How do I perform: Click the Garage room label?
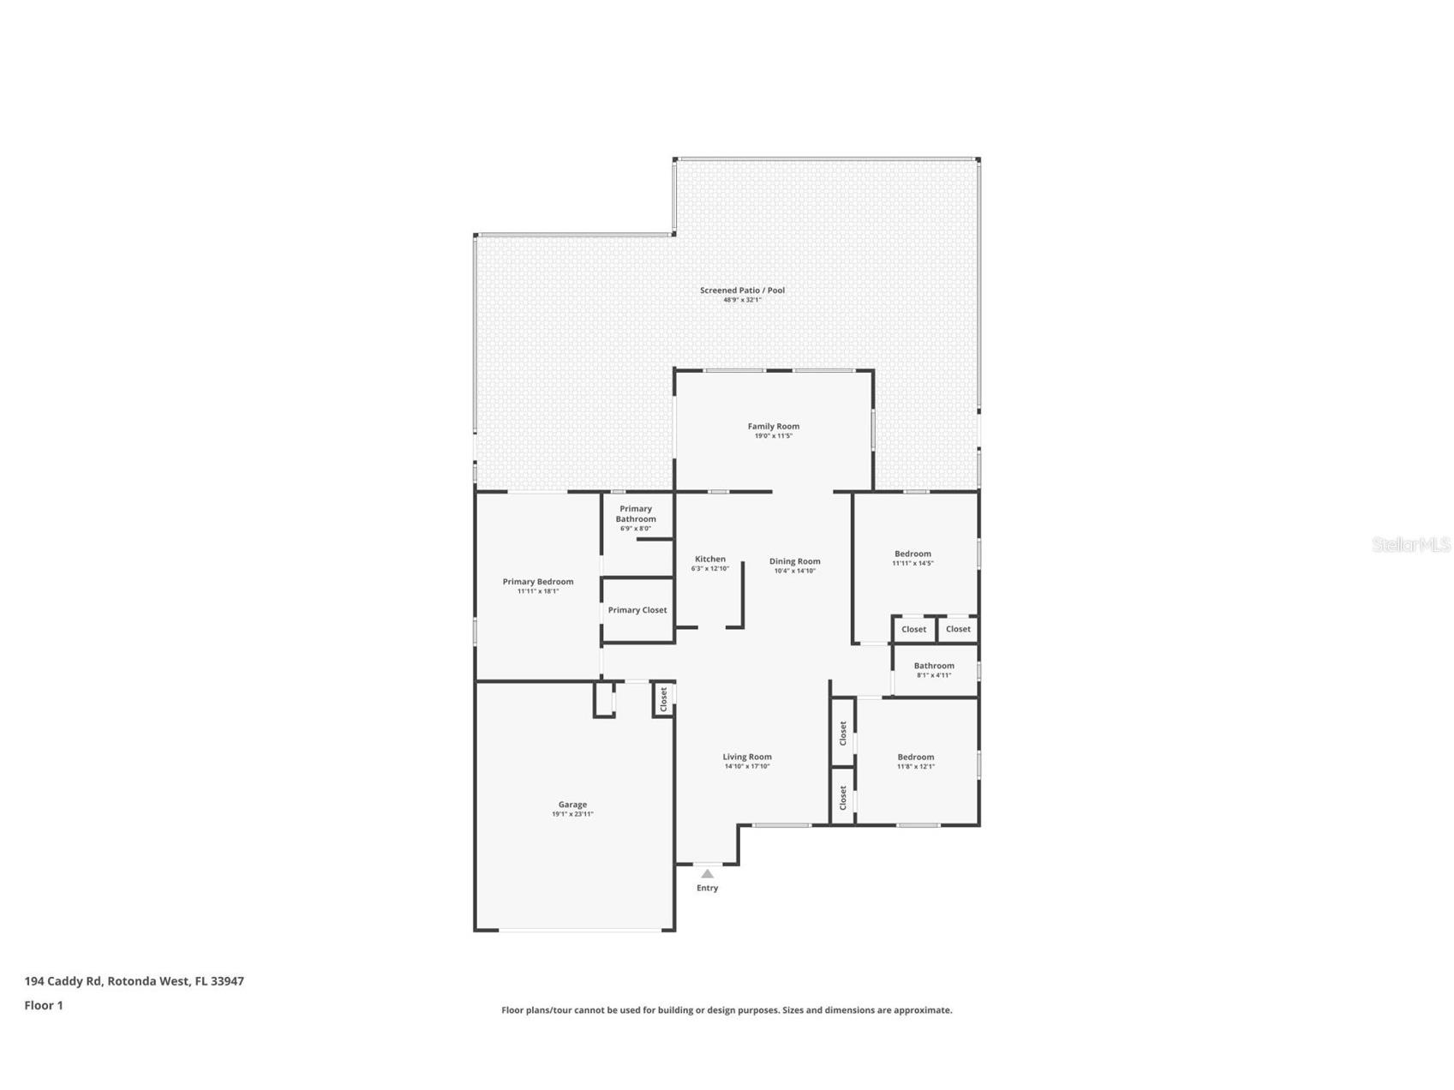point(572,804)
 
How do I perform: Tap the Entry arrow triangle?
point(707,873)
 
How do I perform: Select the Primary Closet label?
point(637,610)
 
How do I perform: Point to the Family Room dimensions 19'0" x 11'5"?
point(773,436)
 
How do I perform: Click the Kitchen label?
point(709,559)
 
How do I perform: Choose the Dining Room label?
point(794,561)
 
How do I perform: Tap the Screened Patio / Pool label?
point(742,290)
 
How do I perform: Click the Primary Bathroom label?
point(636,513)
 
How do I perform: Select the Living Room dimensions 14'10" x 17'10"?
point(747,766)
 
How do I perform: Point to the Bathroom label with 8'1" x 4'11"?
point(933,665)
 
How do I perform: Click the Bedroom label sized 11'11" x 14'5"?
point(912,554)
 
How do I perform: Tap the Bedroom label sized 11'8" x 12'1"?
point(915,757)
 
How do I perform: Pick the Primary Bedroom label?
point(538,581)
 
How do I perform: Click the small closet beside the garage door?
point(663,699)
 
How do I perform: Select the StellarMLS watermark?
point(1410,544)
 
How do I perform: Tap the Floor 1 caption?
point(44,1005)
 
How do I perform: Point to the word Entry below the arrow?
point(707,888)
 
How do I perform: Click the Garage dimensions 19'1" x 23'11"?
point(572,814)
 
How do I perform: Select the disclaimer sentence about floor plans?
point(727,1010)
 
